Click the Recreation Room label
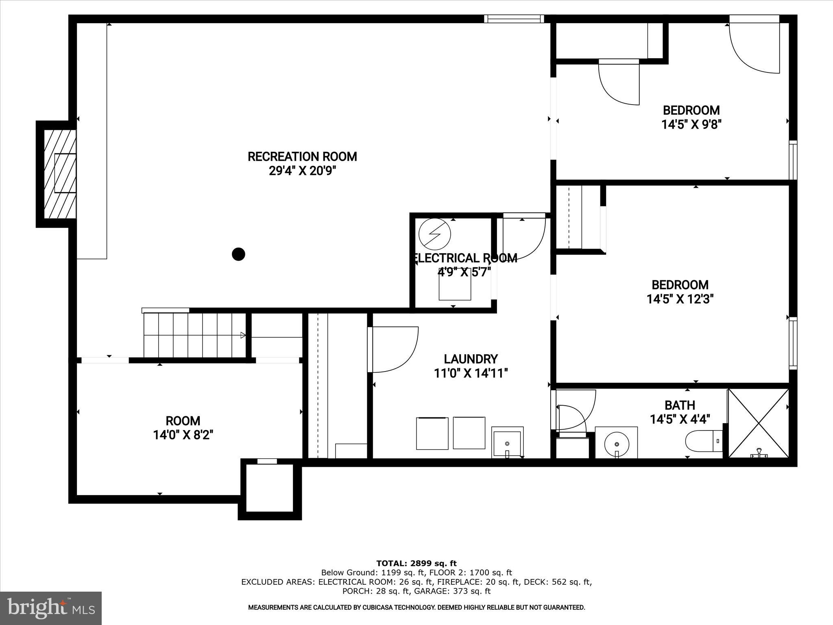click(302, 157)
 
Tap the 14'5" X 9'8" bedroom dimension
click(691, 125)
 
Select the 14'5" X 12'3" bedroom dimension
click(680, 299)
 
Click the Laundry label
click(471, 359)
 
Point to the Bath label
click(680, 405)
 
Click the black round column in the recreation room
click(238, 254)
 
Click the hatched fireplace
click(60, 174)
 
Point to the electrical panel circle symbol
click(435, 234)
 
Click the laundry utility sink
click(507, 442)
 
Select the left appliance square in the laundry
click(432, 433)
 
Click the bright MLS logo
click(51, 608)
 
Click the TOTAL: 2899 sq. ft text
click(416, 564)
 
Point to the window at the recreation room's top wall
click(514, 19)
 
